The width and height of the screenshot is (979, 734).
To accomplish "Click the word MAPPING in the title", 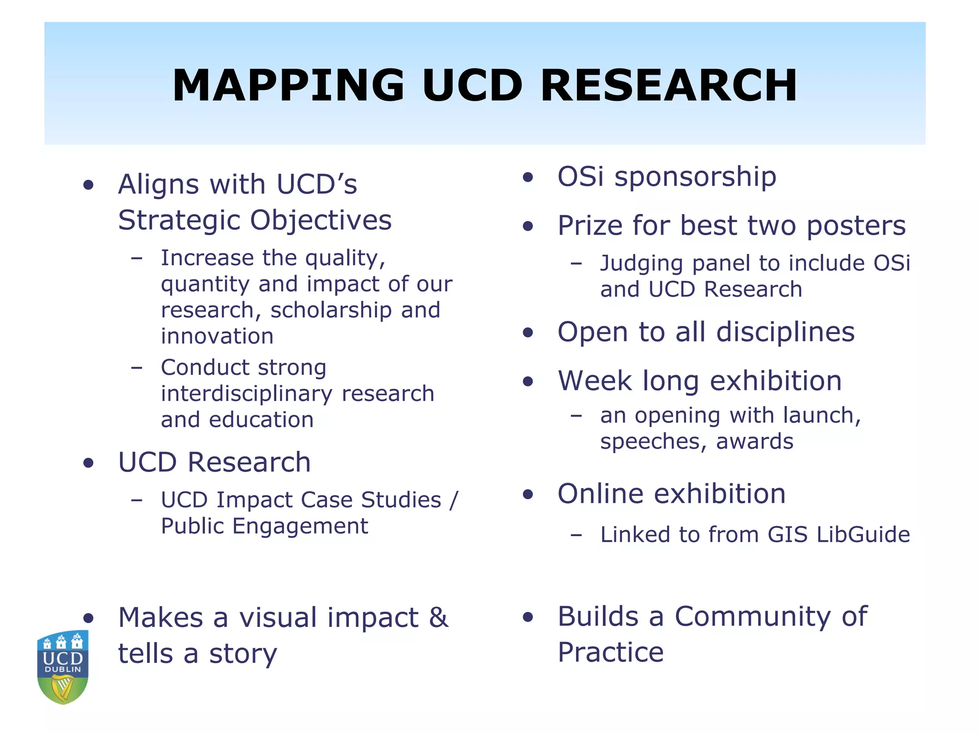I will coord(288,86).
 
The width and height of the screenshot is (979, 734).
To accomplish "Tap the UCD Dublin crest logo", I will coord(63,667).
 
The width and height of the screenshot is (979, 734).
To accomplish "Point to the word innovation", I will coord(217,336).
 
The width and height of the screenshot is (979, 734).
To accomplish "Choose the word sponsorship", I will coord(695,177).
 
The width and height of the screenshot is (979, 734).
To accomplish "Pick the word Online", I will coord(600,494).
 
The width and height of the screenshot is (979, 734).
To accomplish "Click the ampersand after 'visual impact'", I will coord(438,617).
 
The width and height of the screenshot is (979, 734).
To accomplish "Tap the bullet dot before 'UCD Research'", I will coord(88,463).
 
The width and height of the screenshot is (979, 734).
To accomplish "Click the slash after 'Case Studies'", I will coord(454,500).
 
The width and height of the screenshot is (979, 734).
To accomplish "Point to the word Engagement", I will coord(300,526).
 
